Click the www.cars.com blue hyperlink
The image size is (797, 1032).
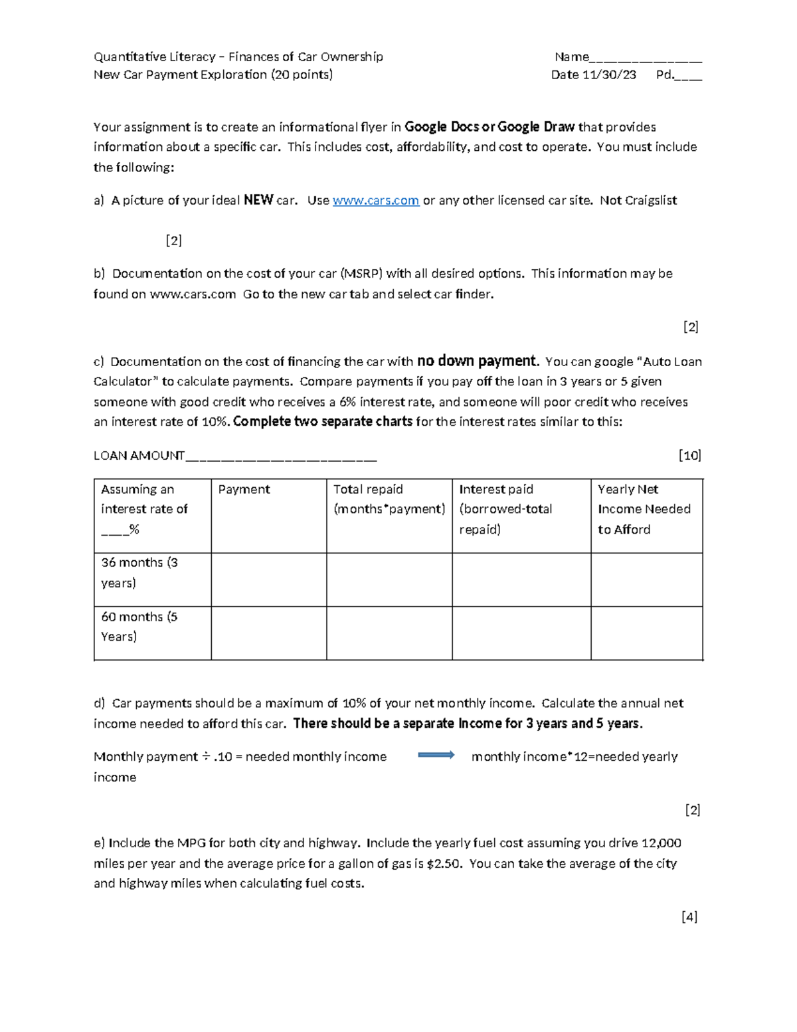coord(375,201)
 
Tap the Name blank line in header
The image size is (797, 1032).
coord(645,58)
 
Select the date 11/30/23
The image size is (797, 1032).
coord(608,75)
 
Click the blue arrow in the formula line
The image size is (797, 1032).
coord(436,755)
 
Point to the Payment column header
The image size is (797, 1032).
coord(244,490)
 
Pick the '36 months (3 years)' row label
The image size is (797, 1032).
coord(139,572)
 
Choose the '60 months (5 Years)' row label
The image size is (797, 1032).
coord(139,627)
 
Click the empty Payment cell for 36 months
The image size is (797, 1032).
coord(268,579)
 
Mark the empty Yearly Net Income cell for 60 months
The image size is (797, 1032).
coord(646,633)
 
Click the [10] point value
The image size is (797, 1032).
coord(689,455)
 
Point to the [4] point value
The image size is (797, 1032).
coord(689,917)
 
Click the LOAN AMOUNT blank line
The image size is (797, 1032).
coord(281,457)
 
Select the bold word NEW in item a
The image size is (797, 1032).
coord(258,200)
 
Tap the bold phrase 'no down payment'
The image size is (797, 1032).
coord(476,361)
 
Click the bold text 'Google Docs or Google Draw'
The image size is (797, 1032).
coord(489,127)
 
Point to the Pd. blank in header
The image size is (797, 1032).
coord(689,76)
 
